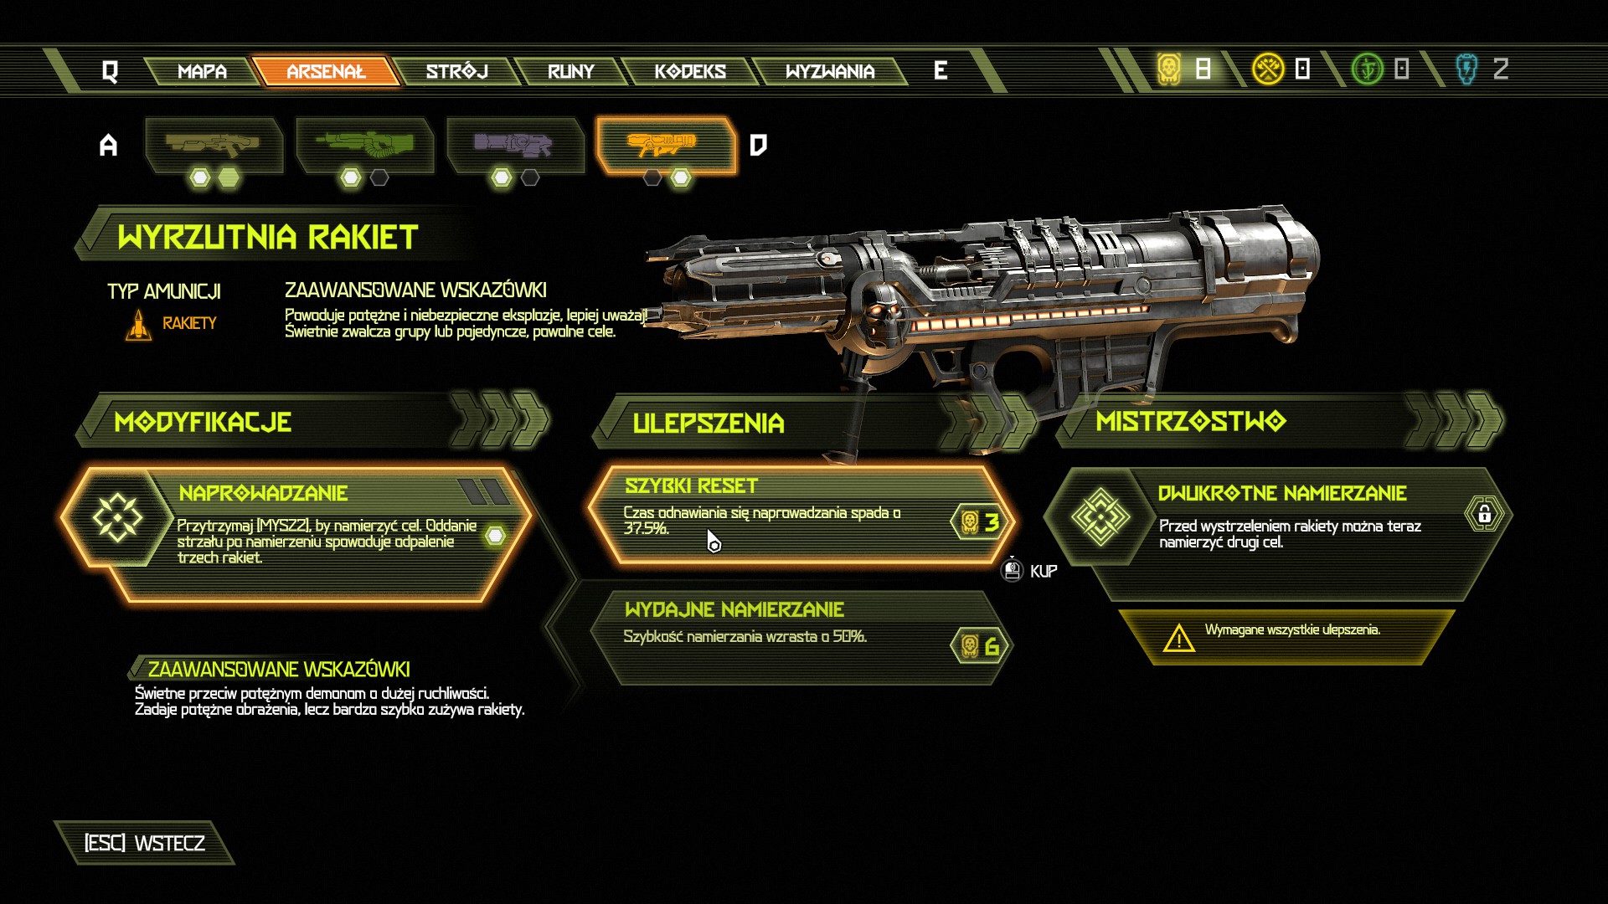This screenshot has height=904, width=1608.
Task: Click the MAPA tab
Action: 202,71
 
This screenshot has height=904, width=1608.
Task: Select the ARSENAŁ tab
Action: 326,71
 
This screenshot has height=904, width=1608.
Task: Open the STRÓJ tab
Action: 456,71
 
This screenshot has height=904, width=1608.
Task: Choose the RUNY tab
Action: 570,71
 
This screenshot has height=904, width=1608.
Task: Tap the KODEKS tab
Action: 690,71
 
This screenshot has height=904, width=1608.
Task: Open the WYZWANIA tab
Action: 830,71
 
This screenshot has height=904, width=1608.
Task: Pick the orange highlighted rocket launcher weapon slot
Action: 666,146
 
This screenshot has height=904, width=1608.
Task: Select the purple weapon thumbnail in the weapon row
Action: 513,145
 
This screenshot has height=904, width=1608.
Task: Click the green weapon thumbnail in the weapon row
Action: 364,145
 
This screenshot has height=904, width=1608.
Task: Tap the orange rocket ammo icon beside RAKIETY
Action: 139,325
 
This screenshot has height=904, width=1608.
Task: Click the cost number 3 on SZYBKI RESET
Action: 992,522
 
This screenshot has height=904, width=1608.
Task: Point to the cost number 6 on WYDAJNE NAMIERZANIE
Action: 992,646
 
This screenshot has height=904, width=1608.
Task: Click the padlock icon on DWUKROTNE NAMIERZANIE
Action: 1484,513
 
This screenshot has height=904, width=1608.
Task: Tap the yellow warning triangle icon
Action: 1178,639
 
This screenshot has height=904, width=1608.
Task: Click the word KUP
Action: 1044,572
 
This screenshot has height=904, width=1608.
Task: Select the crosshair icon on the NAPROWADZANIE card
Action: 117,517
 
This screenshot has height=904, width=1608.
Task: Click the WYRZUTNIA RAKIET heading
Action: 267,238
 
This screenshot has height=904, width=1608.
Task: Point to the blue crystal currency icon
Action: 1466,69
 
